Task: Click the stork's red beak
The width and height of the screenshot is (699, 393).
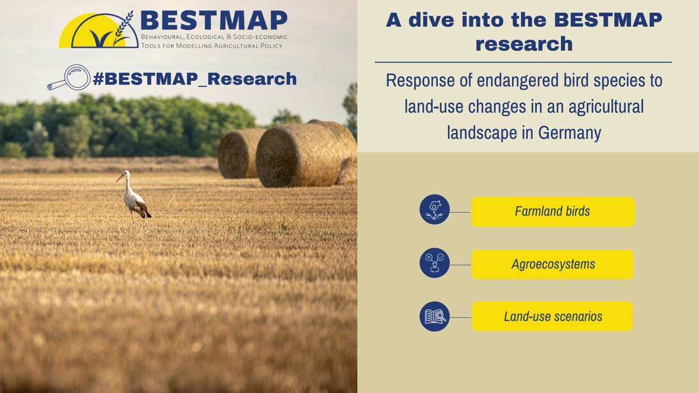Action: [119, 178]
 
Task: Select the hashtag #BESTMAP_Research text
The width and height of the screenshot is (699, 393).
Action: [195, 79]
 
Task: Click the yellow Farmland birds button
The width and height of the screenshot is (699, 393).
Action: [552, 211]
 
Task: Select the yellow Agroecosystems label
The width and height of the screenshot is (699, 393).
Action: [552, 264]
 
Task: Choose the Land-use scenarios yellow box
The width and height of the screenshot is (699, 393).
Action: [552, 317]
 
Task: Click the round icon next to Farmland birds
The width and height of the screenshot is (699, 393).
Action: [435, 210]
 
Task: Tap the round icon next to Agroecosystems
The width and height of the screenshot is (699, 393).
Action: [435, 264]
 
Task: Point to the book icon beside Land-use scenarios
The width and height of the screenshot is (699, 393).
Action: [435, 317]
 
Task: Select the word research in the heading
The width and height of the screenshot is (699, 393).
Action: [524, 44]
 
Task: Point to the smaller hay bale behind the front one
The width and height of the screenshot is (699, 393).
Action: [239, 153]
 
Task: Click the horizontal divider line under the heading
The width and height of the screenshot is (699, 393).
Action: [523, 62]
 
